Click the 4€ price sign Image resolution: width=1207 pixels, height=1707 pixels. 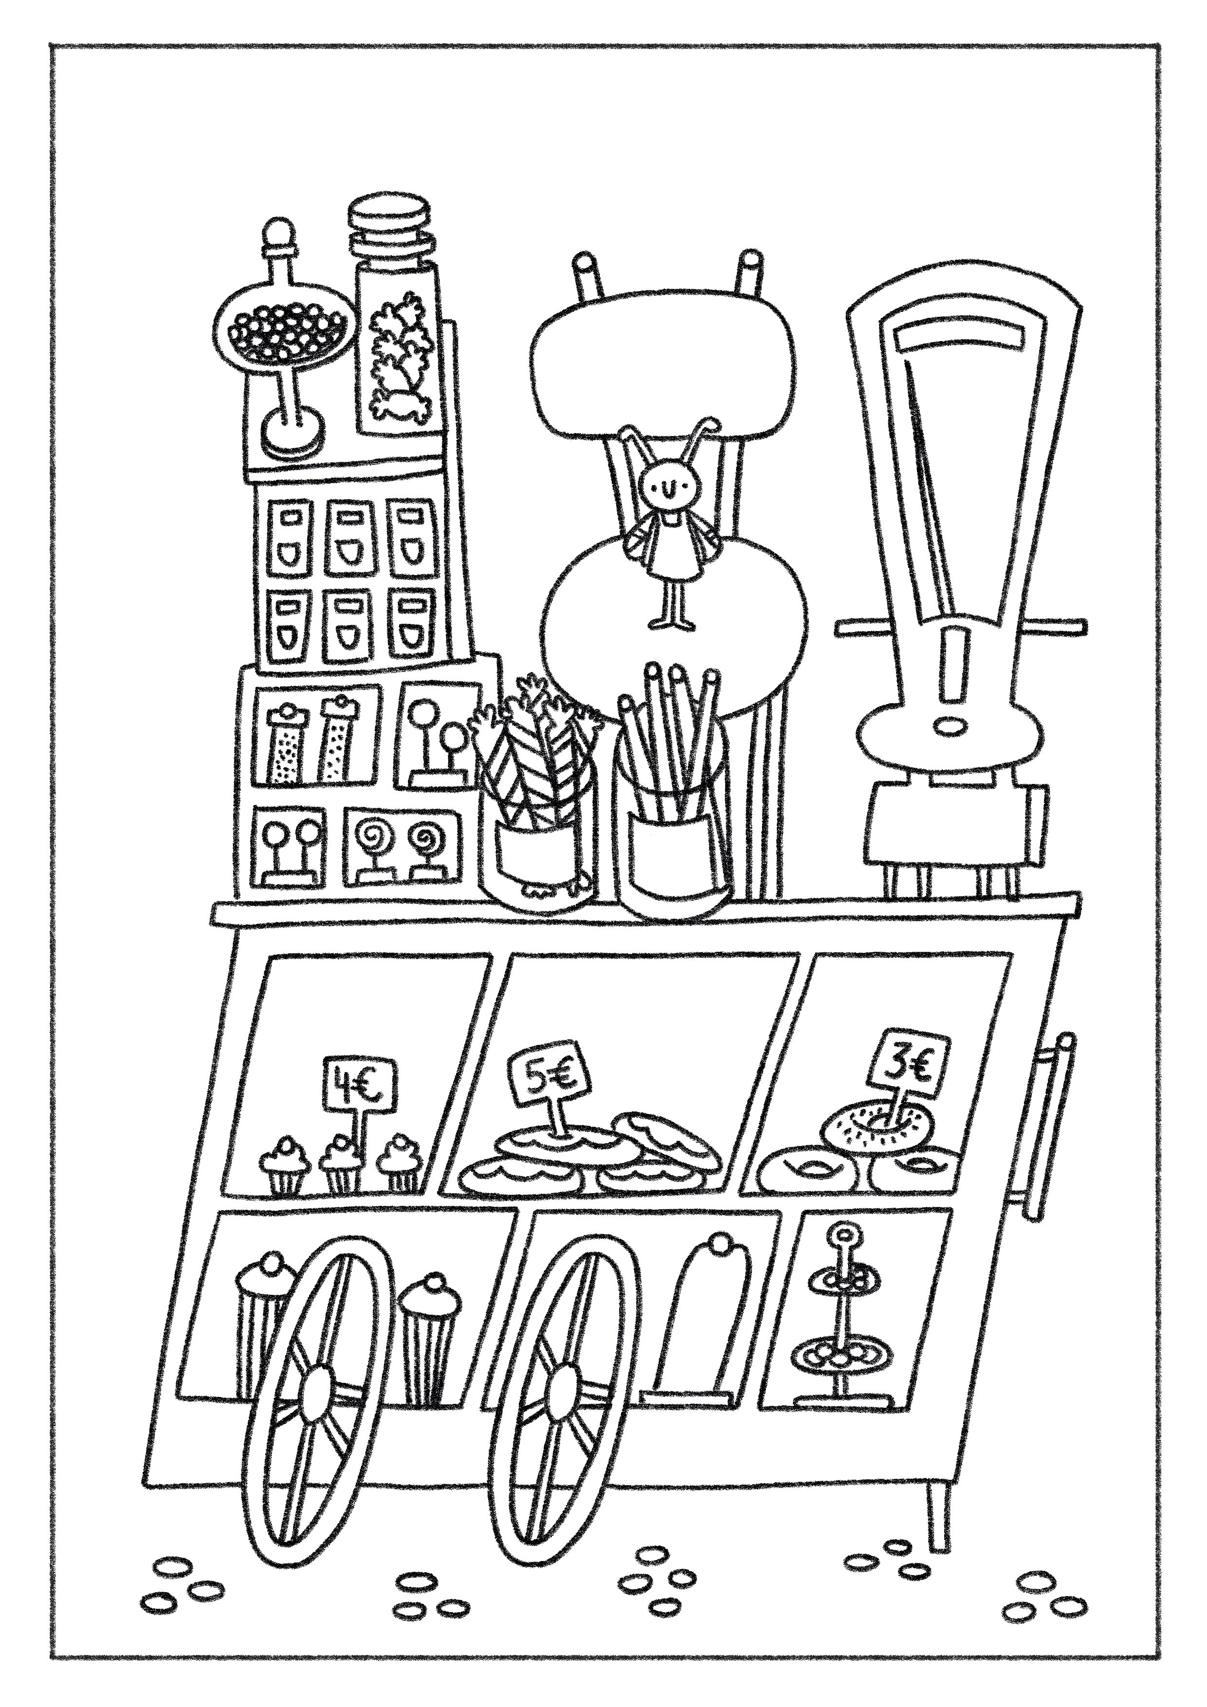point(359,1083)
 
